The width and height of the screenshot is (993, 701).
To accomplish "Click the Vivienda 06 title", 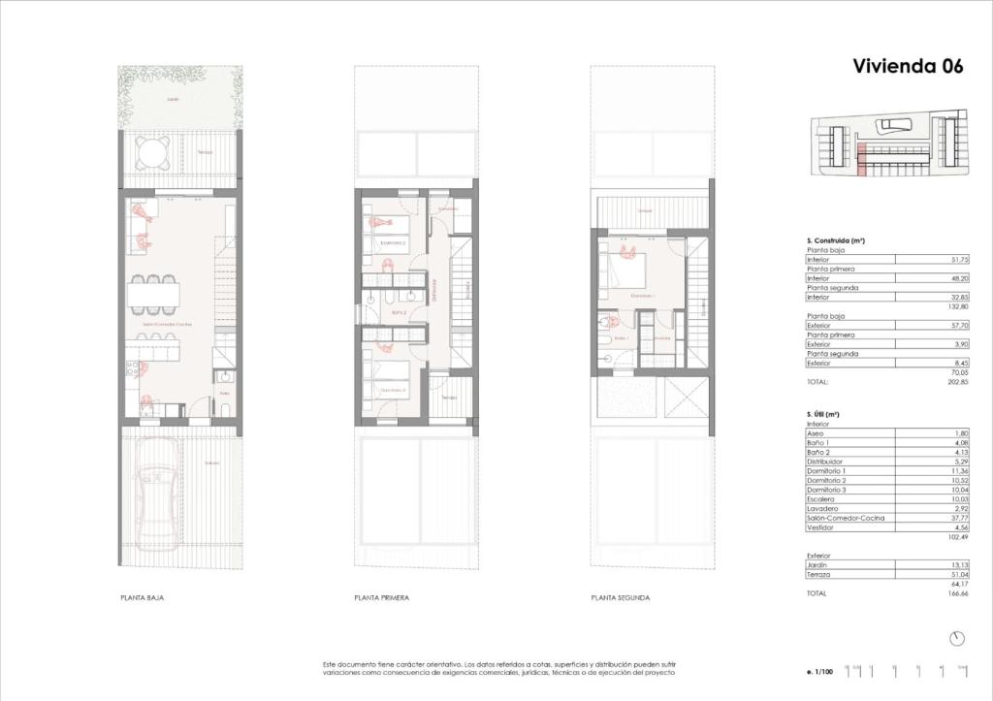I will pos(908,66).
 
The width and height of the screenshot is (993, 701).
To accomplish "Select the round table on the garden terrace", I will pos(152,152).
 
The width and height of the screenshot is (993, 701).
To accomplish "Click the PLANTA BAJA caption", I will pos(142,598).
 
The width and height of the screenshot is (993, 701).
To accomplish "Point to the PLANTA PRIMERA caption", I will pos(381,598).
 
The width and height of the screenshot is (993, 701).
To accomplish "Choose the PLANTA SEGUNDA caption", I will pos(621,598).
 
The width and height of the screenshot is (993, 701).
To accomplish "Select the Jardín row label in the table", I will pos(817,566).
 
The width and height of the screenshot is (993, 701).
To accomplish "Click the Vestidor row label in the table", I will pos(819,527).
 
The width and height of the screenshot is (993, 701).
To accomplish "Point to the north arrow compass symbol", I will pos(958,638).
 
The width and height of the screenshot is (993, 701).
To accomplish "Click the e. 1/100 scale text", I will pos(820,670).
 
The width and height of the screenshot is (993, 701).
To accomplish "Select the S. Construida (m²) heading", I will pos(836,239).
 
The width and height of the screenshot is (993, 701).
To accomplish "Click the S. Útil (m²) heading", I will pos(822,414).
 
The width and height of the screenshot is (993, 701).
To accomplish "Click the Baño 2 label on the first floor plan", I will pos(397,313).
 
